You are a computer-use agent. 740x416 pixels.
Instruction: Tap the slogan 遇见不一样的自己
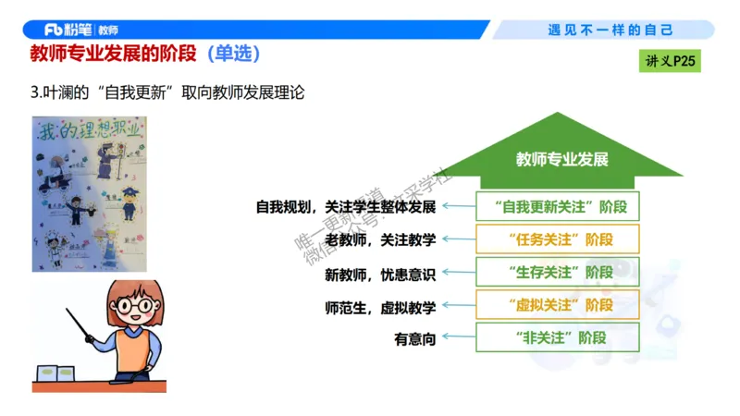pyautogui.click(x=610, y=30)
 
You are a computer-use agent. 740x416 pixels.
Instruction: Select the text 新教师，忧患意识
pyautogui.click(x=380, y=274)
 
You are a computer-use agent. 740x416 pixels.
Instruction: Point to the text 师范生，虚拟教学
pyautogui.click(x=380, y=306)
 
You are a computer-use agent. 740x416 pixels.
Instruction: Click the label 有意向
pyautogui.click(x=414, y=339)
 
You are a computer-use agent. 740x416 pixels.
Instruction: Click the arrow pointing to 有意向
pyautogui.click(x=456, y=338)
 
